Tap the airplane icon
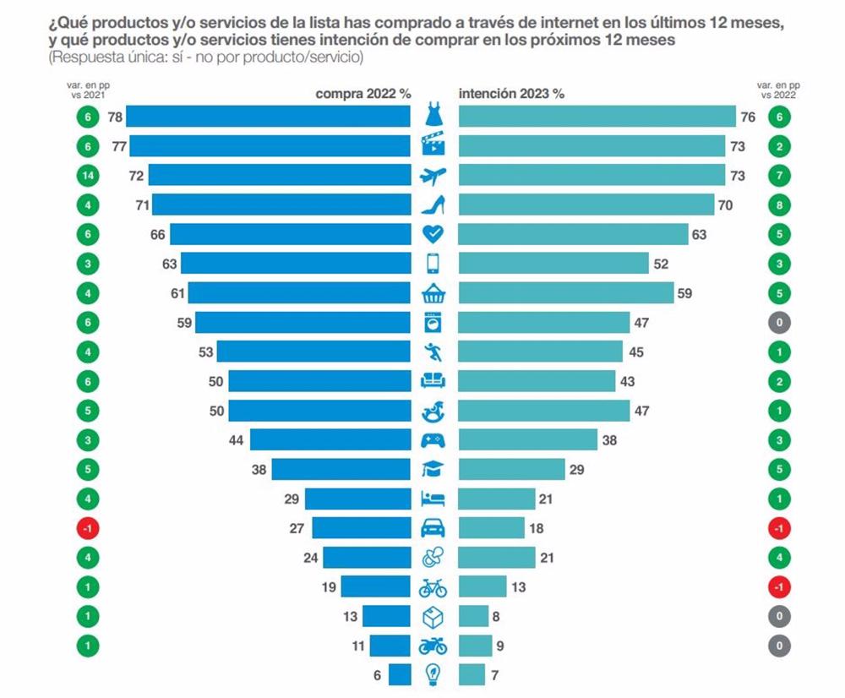pos(433,175)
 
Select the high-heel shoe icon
pos(433,204)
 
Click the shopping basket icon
pos(433,293)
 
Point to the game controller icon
pos(433,440)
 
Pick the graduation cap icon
pos(433,469)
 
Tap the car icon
pos(433,528)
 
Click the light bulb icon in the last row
pos(433,674)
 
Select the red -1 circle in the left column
pos(87,528)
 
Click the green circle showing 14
pos(87,176)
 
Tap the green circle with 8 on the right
pos(779,204)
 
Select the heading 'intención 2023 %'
pos(511,95)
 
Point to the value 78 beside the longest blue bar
pos(115,117)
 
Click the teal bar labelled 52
pos(553,264)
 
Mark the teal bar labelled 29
pos(511,469)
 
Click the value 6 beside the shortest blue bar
pos(377,674)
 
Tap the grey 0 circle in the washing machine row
pos(779,322)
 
